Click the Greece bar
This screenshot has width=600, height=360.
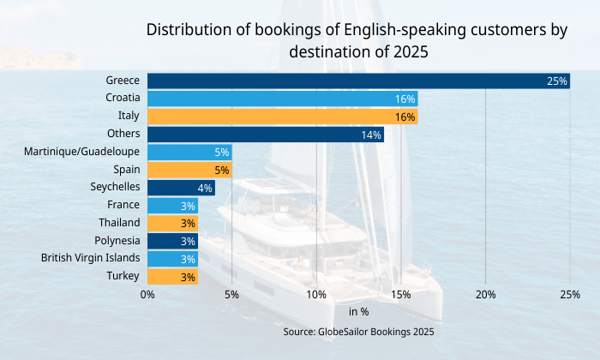click(358, 81)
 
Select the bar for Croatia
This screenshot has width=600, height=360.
click(282, 99)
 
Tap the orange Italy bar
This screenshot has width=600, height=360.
click(282, 117)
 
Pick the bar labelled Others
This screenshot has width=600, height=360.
click(266, 135)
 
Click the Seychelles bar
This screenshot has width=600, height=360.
click(181, 188)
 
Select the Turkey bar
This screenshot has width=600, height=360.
click(172, 276)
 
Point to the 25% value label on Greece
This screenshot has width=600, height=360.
click(557, 81)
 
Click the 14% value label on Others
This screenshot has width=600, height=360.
click(371, 135)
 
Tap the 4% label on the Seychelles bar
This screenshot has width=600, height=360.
click(205, 188)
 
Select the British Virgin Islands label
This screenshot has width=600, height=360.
click(91, 258)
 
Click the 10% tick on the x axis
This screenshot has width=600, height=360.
click(316, 295)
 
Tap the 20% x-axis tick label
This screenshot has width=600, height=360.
click(485, 295)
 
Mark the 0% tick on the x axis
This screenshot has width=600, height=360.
click(147, 295)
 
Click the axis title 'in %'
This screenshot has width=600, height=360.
click(358, 312)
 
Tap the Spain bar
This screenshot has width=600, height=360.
click(189, 170)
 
